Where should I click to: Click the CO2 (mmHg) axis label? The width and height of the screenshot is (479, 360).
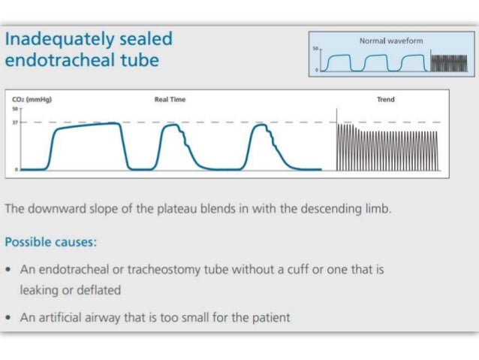(32, 99)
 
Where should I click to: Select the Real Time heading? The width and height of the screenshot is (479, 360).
(170, 99)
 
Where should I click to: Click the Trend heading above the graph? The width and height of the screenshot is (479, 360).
(385, 99)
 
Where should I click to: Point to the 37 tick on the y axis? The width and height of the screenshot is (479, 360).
(15, 122)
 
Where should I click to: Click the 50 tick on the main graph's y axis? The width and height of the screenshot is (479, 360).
(15, 108)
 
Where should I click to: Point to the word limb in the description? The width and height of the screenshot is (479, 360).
(377, 209)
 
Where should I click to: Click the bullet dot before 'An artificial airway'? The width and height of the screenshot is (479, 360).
(8, 318)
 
